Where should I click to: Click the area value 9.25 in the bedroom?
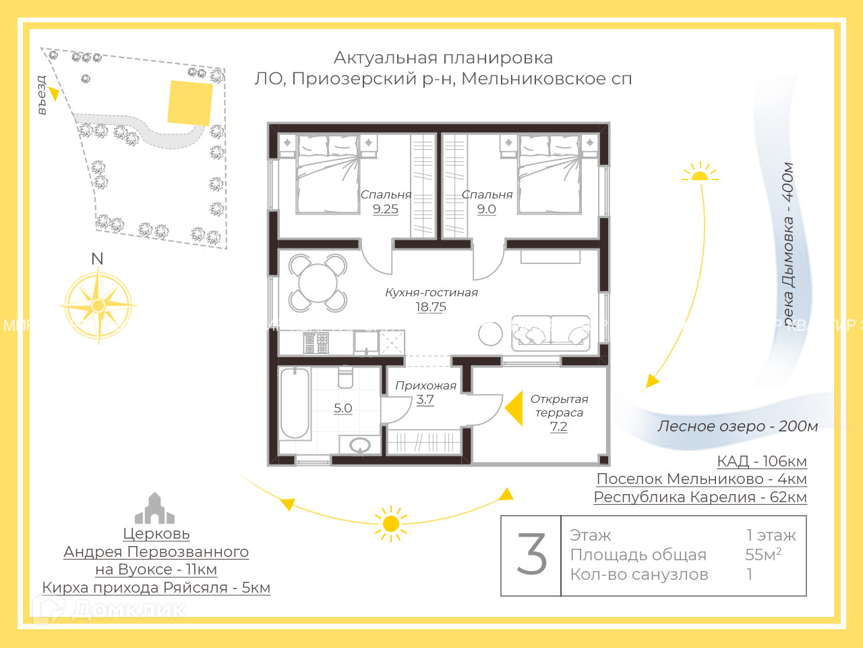[x=386, y=209]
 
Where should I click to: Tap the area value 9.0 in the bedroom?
[x=486, y=209]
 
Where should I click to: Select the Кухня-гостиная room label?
[x=431, y=292]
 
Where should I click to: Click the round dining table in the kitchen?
[x=318, y=283]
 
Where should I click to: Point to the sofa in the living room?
[x=550, y=333]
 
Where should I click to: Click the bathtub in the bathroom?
[x=295, y=403]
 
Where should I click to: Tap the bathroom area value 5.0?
[x=343, y=408]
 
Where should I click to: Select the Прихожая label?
[x=425, y=385]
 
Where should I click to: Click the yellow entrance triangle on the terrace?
[x=514, y=408]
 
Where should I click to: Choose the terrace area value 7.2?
[x=558, y=427]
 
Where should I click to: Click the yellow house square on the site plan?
[x=189, y=103]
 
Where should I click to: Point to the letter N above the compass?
[x=97, y=259]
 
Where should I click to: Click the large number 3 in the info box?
[x=531, y=555]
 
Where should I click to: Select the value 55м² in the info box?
[x=763, y=554]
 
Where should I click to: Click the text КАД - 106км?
[x=761, y=461]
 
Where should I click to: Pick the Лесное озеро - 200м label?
[x=738, y=426]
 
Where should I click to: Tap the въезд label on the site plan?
[x=42, y=95]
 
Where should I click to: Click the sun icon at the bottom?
[x=390, y=524]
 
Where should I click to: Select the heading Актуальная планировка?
[x=443, y=58]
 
